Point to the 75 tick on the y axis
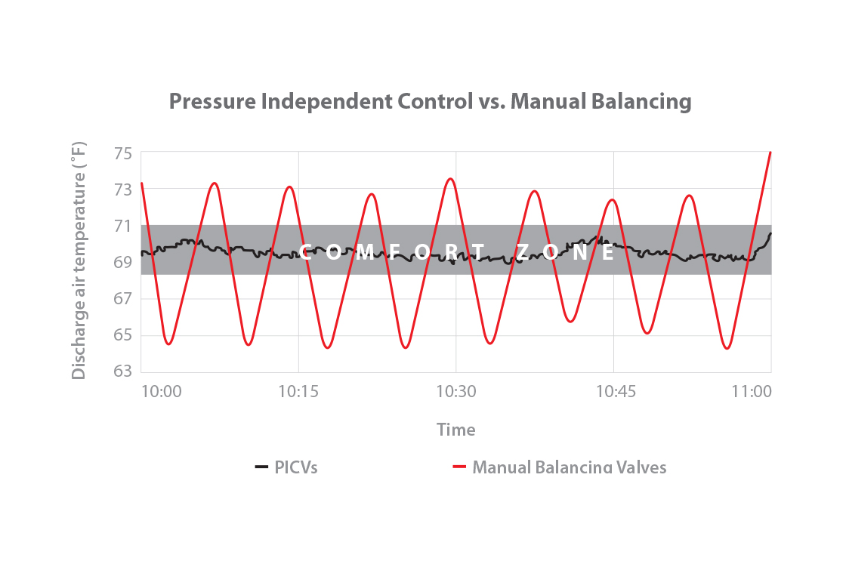tap(123, 153)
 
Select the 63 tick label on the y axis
tap(123, 371)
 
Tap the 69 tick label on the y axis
tap(123, 262)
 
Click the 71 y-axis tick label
tap(123, 226)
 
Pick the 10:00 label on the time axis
tap(161, 392)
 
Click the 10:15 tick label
tap(298, 392)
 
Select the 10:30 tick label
tap(455, 392)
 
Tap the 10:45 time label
tap(613, 392)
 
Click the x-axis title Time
tap(455, 430)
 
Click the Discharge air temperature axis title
tap(79, 260)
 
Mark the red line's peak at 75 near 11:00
tap(770, 153)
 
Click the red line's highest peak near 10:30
tap(450, 179)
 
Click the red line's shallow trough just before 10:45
tap(571, 321)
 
